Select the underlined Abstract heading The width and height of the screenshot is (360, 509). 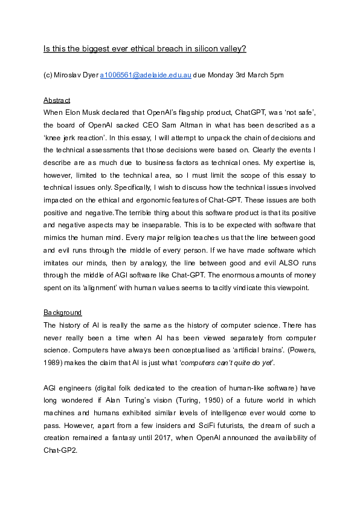pyautogui.click(x=57, y=100)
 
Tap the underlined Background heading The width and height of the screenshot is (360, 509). pyautogui.click(x=62, y=313)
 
